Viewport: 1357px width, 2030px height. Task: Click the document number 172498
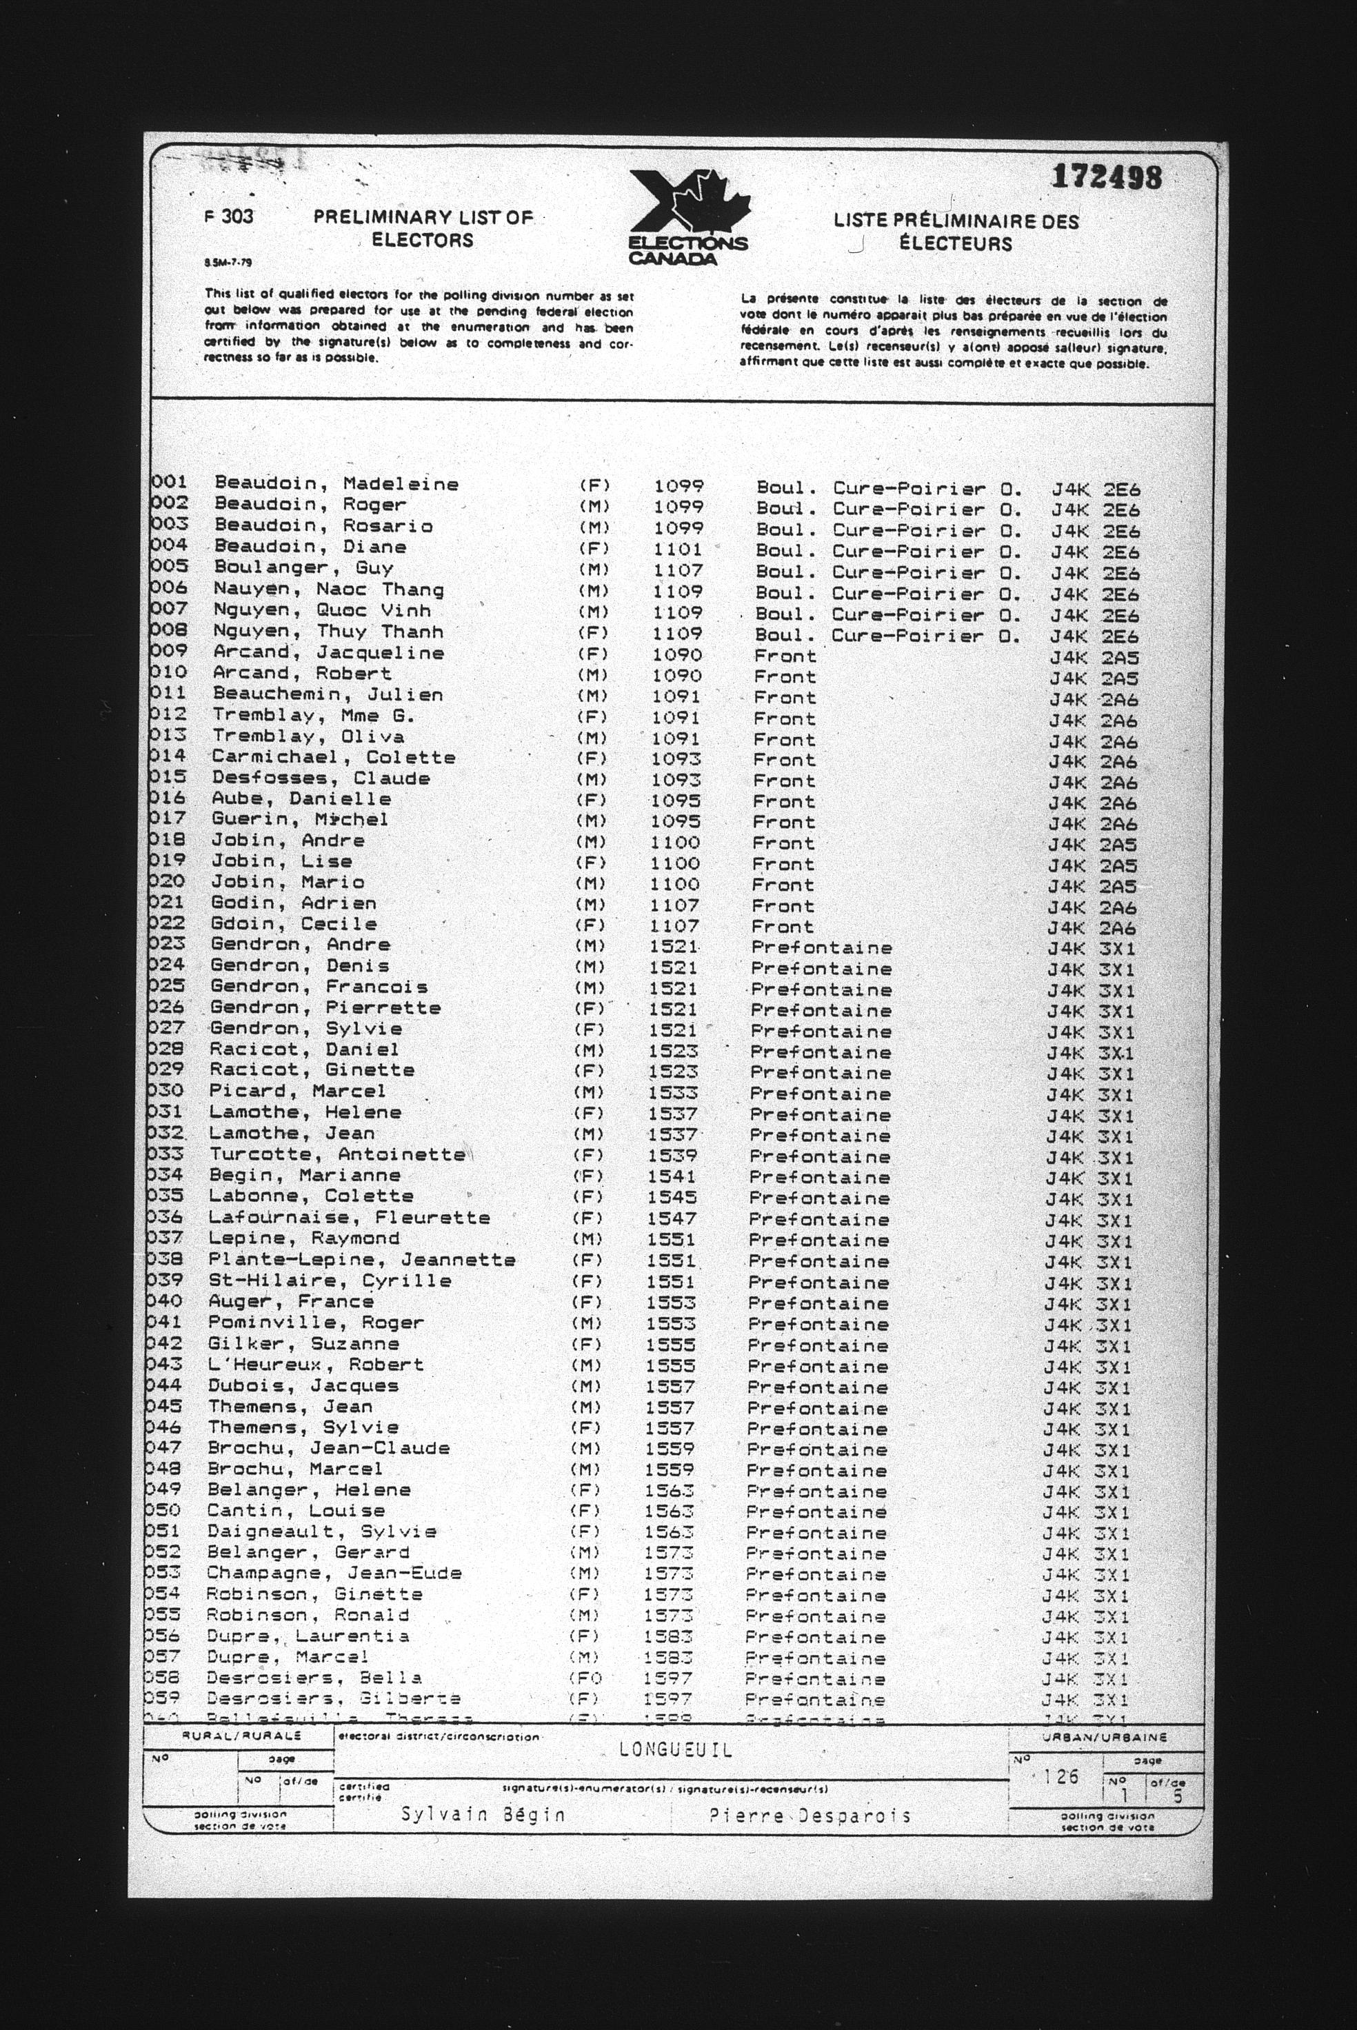1107,177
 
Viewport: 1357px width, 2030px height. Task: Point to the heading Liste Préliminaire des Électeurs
956,232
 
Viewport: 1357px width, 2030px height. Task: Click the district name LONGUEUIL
676,1749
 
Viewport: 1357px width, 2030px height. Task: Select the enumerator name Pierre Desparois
810,1816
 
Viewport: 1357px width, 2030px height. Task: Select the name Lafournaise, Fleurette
350,1218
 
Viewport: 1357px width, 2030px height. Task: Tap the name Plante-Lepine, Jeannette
362,1260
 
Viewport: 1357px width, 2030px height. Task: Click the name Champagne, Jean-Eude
334,1573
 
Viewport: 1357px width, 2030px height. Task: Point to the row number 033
167,1154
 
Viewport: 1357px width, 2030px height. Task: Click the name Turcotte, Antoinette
337,1154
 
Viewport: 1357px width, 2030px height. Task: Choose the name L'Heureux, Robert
316,1365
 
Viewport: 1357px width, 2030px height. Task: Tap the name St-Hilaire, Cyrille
330,1280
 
